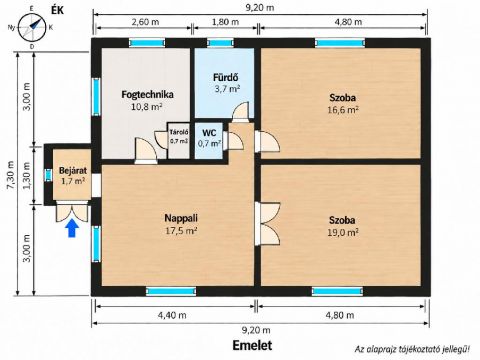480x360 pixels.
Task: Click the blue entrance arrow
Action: click(x=72, y=228)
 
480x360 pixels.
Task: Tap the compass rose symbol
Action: click(x=32, y=27)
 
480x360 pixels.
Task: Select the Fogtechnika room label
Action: click(x=147, y=94)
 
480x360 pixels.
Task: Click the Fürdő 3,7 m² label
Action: click(x=226, y=83)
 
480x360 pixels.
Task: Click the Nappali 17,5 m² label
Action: click(x=181, y=224)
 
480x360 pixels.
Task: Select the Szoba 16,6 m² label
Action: click(x=343, y=103)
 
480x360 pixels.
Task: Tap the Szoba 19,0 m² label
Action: click(x=343, y=226)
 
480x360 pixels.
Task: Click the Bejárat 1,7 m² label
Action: click(x=73, y=176)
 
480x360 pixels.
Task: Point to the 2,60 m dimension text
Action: click(x=145, y=22)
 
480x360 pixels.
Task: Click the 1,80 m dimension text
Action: click(x=225, y=22)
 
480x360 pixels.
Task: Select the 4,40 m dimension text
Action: click(x=173, y=315)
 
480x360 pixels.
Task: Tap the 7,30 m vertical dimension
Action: click(x=11, y=176)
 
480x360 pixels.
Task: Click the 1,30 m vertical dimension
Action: click(x=27, y=176)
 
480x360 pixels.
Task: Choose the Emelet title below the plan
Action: click(x=252, y=345)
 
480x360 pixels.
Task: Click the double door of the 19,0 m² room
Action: click(x=267, y=224)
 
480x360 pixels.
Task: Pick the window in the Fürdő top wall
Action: click(x=220, y=43)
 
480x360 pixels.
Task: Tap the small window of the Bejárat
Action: click(x=49, y=175)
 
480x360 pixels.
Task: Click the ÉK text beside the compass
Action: click(x=57, y=10)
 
